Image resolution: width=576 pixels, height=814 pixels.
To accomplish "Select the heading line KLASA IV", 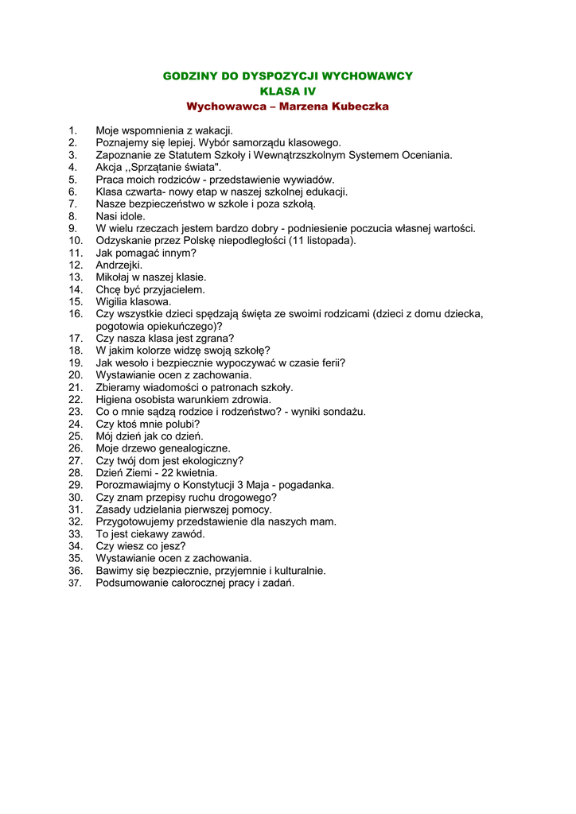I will (x=288, y=91).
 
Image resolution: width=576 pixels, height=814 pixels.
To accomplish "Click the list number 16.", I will (x=76, y=314).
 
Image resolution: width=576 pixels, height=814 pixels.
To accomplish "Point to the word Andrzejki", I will (x=119, y=265).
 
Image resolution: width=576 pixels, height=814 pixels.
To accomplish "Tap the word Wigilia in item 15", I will (x=113, y=301).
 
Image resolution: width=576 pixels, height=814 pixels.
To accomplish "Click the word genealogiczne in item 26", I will (x=192, y=448).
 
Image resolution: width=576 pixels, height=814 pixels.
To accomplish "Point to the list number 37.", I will (x=76, y=583).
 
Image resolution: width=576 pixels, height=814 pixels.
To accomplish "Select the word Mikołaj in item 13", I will (x=114, y=277).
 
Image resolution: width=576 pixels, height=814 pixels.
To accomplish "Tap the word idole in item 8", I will (x=133, y=216).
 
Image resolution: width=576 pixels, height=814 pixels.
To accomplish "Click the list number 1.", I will (x=72, y=130).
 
